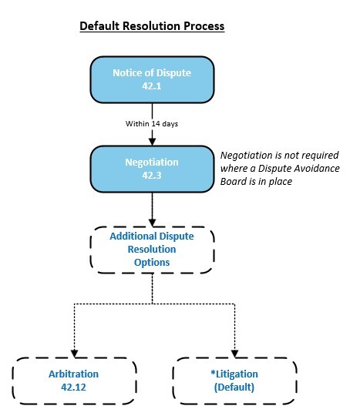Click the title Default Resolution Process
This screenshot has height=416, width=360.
[152, 26]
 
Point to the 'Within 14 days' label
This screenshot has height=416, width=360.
[151, 122]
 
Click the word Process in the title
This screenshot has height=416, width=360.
[202, 26]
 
